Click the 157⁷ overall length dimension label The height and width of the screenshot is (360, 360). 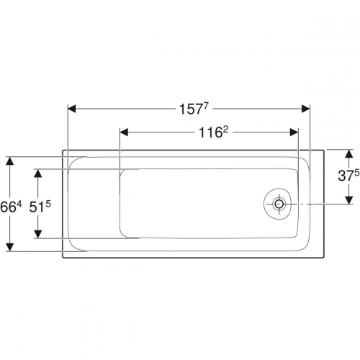point(193,109)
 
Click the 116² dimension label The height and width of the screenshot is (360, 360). point(213,132)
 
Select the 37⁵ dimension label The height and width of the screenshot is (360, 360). point(348,176)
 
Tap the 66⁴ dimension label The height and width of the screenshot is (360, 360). point(11,207)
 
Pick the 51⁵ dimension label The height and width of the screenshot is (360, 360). point(40,207)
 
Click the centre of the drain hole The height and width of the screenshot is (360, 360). point(279,204)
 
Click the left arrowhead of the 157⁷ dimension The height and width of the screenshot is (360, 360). point(72,109)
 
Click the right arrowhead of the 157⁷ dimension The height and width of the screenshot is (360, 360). point(305,109)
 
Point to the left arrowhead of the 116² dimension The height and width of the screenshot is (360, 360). point(124,132)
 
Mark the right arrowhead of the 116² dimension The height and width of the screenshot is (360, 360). point(294,132)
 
